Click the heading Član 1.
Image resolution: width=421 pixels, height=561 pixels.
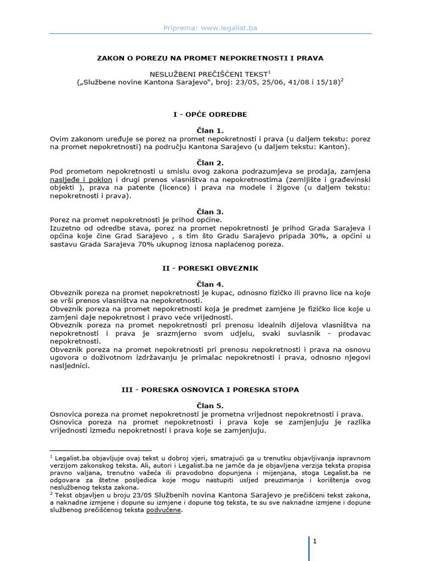(210, 131)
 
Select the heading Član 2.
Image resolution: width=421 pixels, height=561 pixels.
(210, 163)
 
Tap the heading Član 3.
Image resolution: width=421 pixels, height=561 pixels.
(210, 211)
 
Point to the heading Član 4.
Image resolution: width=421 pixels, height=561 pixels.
(210, 284)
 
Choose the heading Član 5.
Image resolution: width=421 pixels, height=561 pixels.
(210, 405)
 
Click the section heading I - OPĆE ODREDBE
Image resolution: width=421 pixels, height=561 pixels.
(210, 115)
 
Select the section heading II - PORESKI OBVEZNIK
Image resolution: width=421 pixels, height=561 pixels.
(210, 268)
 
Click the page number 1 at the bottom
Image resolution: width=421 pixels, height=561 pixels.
(315, 541)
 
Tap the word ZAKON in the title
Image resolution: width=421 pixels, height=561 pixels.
(111, 57)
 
